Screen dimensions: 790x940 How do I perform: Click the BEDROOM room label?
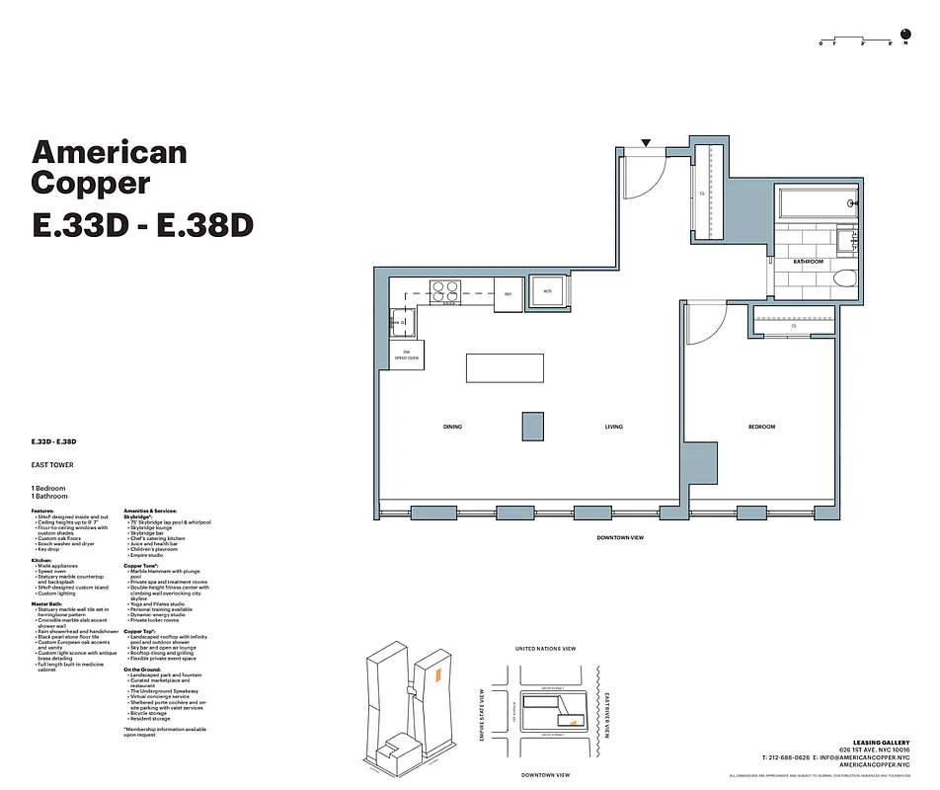[761, 427]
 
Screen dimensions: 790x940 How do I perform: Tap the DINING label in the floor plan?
[452, 427]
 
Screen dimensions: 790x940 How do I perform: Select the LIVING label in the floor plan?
[614, 427]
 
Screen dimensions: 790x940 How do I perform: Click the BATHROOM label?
[809, 262]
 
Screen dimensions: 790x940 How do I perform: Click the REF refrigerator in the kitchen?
[509, 294]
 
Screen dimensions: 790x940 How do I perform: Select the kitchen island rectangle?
[505, 368]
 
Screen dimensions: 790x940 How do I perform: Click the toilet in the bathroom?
[843, 279]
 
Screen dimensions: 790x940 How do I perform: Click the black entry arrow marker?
[646, 144]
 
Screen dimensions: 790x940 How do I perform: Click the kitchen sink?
[401, 320]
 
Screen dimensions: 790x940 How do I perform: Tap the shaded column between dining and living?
[532, 426]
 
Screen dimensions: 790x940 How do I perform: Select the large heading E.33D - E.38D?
[143, 225]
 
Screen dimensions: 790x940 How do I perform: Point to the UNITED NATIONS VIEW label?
[546, 649]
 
